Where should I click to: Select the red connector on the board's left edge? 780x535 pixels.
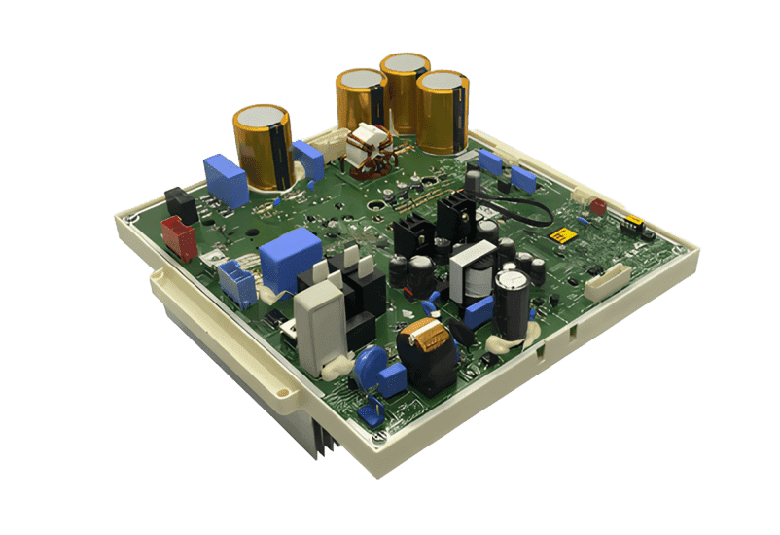[179, 237]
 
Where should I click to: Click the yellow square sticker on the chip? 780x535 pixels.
[560, 236]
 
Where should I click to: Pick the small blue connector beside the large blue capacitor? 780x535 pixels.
[233, 281]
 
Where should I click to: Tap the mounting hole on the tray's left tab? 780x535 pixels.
[284, 396]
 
